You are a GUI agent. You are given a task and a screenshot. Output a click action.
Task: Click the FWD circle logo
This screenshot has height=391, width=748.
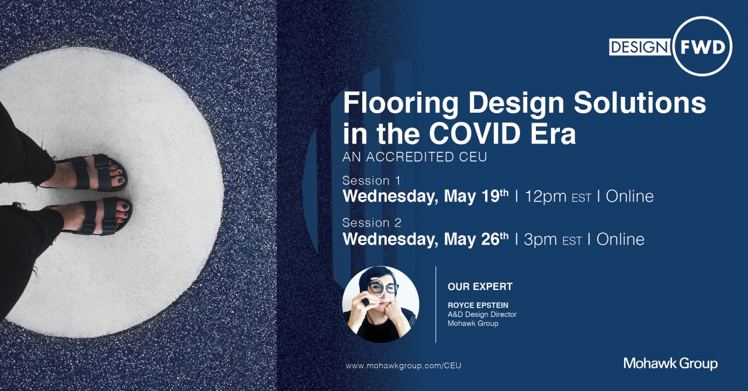702,46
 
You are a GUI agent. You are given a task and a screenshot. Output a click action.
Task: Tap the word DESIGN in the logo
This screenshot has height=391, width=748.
640,47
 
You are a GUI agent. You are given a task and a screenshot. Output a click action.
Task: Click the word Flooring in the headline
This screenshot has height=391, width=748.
401,104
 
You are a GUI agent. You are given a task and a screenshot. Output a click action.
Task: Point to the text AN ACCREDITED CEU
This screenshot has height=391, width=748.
415,157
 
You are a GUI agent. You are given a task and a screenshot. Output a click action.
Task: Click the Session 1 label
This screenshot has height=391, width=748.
371,180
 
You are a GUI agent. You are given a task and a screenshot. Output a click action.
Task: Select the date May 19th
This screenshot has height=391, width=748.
476,196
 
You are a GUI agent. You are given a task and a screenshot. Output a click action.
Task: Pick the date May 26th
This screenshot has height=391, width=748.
476,239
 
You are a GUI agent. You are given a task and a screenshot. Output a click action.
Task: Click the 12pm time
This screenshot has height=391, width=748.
546,197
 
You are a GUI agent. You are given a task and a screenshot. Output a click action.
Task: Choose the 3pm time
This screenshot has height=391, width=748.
541,239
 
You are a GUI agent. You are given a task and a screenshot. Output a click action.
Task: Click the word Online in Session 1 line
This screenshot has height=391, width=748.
629,197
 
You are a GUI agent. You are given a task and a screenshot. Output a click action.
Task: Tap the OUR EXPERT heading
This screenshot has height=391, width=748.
480,287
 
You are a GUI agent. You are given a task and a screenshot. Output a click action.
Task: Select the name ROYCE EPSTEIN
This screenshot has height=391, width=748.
478,305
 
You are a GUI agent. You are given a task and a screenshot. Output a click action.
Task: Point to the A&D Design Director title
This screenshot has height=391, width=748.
482,315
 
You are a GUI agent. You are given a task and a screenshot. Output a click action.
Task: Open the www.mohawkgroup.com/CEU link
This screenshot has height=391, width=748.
403,366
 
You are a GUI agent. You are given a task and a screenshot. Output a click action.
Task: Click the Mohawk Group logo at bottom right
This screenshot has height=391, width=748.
670,364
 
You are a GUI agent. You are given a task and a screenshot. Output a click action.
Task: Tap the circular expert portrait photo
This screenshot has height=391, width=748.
380,304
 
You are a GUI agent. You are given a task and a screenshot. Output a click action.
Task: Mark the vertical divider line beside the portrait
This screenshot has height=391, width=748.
436,305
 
